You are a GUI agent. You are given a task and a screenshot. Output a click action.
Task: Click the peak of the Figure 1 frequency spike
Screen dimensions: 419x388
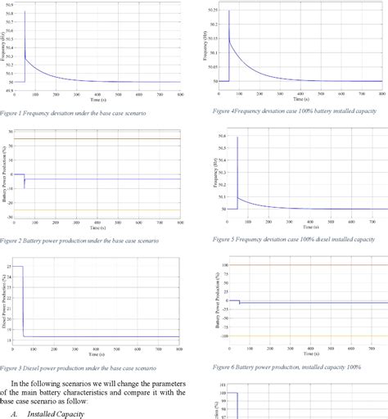pyautogui.click(x=25, y=11)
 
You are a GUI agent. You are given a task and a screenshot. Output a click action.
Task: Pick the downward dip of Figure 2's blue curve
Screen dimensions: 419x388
pyautogui.click(x=25, y=187)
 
